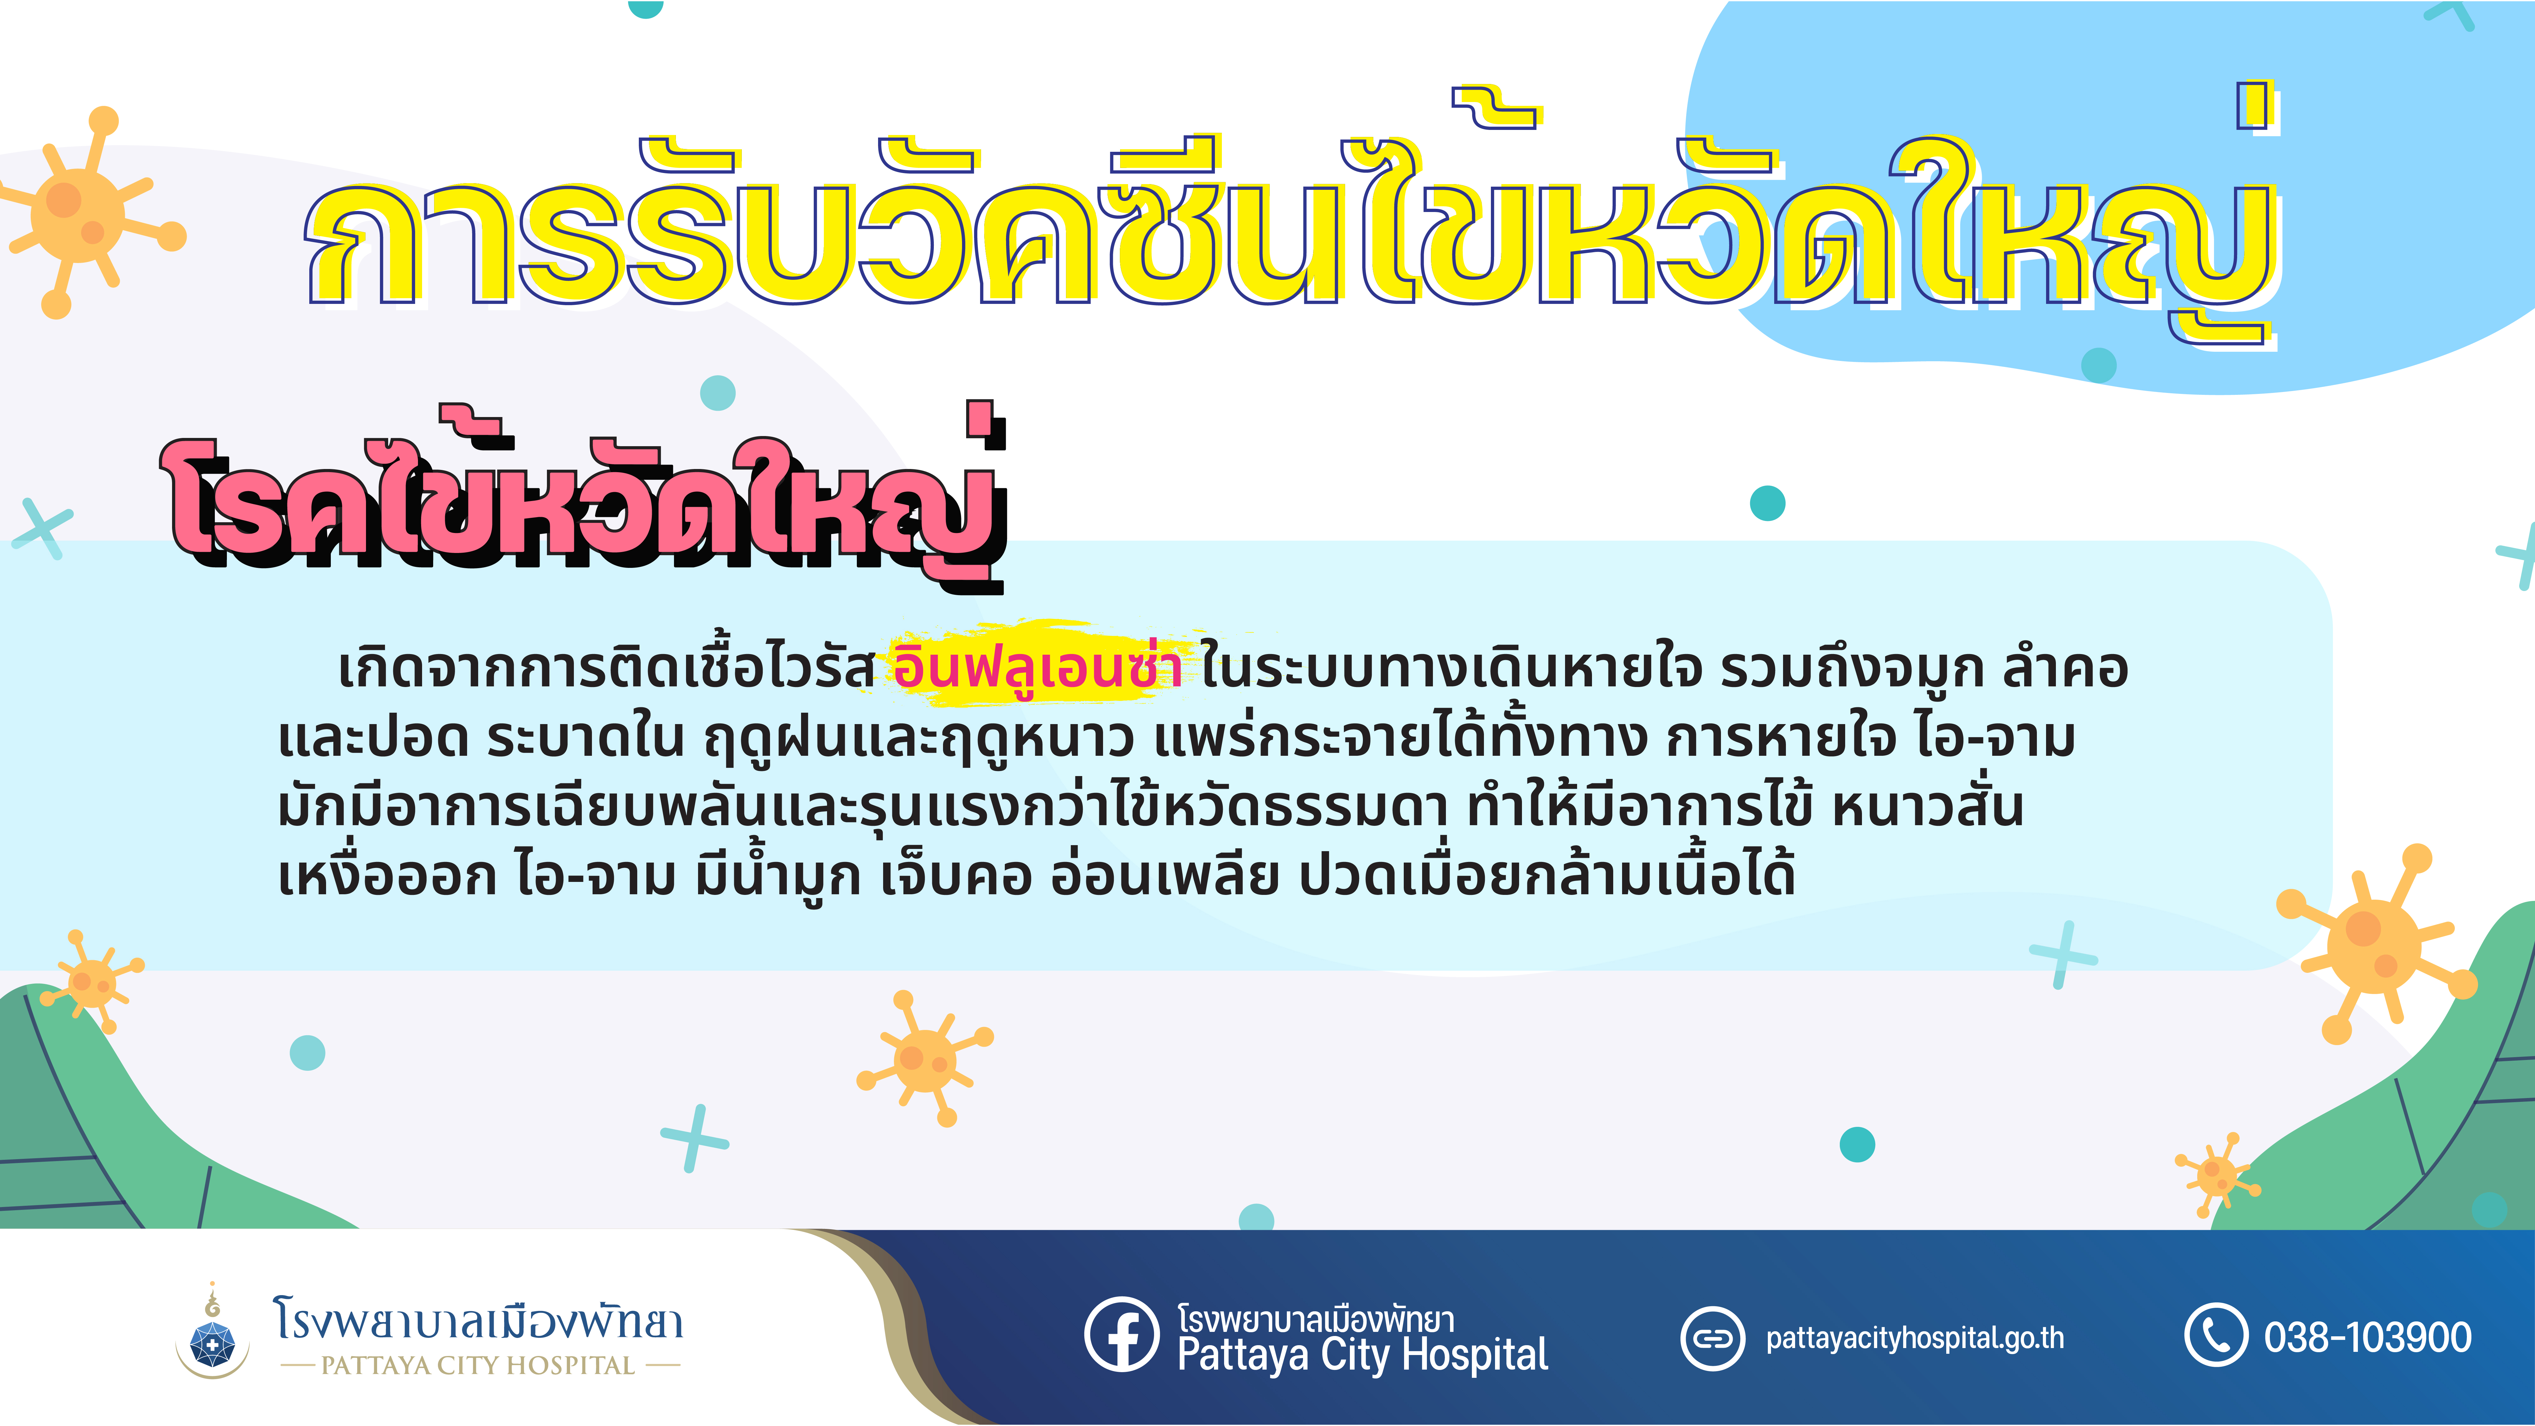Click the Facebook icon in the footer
pos(1122,1334)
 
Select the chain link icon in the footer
pos(1712,1339)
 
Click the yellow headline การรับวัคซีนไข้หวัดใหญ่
pos(1291,216)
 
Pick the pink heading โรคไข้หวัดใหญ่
pos(586,497)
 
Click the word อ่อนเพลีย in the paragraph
pos(1164,874)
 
